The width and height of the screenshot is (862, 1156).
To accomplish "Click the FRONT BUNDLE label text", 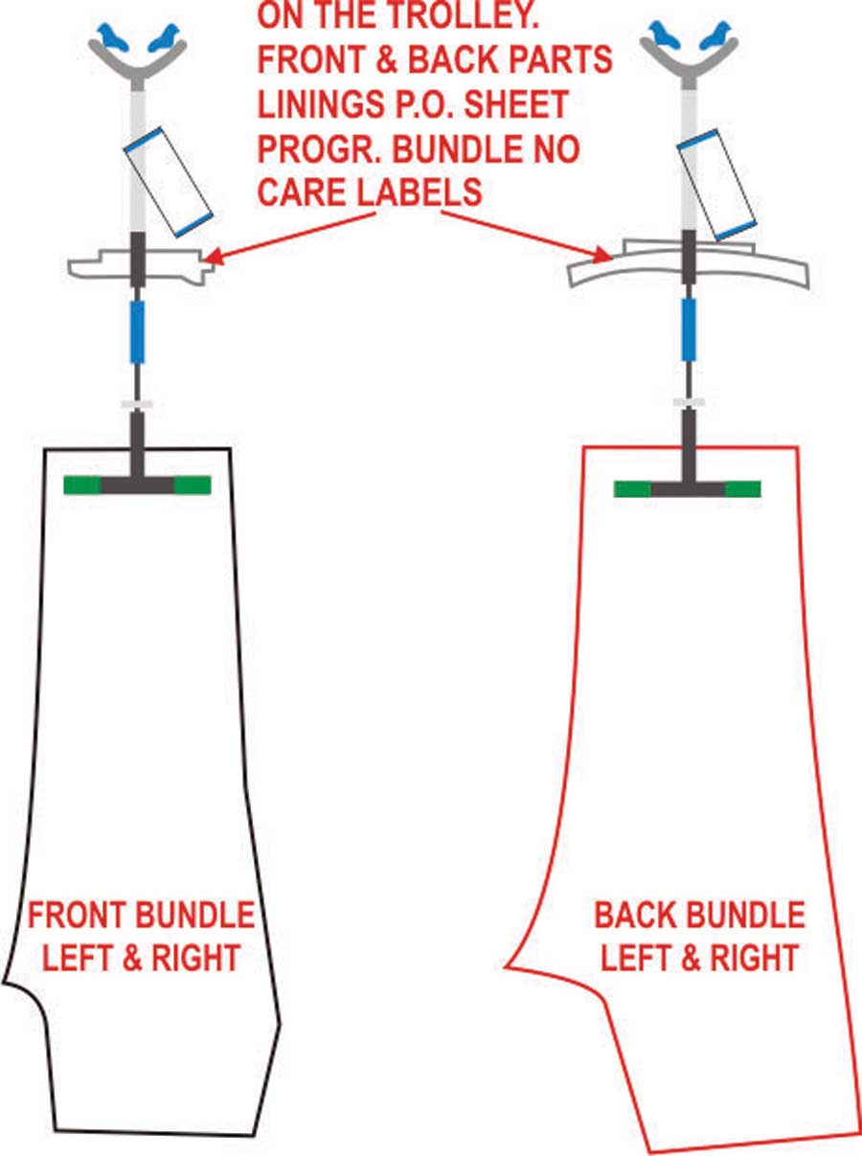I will pos(142,917).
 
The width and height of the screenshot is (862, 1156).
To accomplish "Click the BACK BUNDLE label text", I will pos(699,917).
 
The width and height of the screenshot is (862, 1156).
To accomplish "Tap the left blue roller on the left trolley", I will pos(113,37).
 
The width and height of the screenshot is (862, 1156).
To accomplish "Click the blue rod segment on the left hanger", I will pos(138,331).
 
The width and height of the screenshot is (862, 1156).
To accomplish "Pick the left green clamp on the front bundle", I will pos(82,486).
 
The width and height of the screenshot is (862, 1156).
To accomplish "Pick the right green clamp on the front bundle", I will pos(193,486).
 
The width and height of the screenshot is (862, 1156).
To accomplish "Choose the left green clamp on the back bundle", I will pos(632,489).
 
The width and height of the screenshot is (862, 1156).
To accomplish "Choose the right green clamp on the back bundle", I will pos(742,489).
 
